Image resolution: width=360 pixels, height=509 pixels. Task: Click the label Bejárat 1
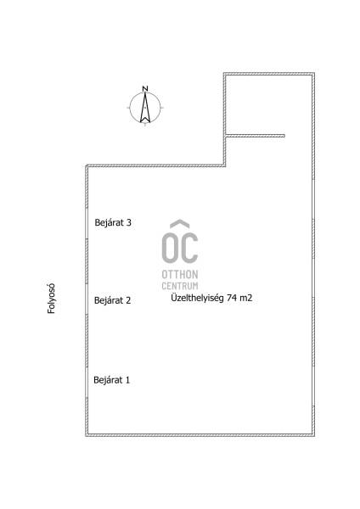point(112,380)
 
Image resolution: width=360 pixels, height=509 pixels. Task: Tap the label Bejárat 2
point(112,300)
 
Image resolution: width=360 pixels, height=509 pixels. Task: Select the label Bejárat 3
point(113,222)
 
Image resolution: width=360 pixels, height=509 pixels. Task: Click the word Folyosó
point(51,299)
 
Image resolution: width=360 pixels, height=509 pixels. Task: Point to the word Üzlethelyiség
point(197,298)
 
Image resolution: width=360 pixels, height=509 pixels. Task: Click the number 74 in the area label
point(232,298)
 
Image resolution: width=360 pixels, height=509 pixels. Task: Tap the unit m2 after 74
point(246,298)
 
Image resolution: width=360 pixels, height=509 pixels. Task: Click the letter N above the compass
point(145,88)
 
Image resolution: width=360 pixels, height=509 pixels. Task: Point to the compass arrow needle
point(145,108)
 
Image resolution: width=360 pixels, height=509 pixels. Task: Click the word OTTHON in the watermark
point(180,274)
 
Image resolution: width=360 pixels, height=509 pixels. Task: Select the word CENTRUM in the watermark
point(180,286)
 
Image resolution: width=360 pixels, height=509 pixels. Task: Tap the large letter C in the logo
point(190,248)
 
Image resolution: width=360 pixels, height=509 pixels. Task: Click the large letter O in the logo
point(170,248)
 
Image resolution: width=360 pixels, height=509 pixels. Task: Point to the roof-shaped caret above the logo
point(180,224)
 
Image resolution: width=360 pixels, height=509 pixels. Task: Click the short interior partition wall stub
point(256,136)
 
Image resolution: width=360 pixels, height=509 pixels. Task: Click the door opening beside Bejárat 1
point(87,383)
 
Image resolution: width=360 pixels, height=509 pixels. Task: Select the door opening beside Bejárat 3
point(87,223)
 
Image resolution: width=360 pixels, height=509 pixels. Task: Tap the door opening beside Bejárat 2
point(87,299)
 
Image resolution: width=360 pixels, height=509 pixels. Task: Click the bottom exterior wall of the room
point(200,435)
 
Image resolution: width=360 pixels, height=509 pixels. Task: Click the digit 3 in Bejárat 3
point(129,222)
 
